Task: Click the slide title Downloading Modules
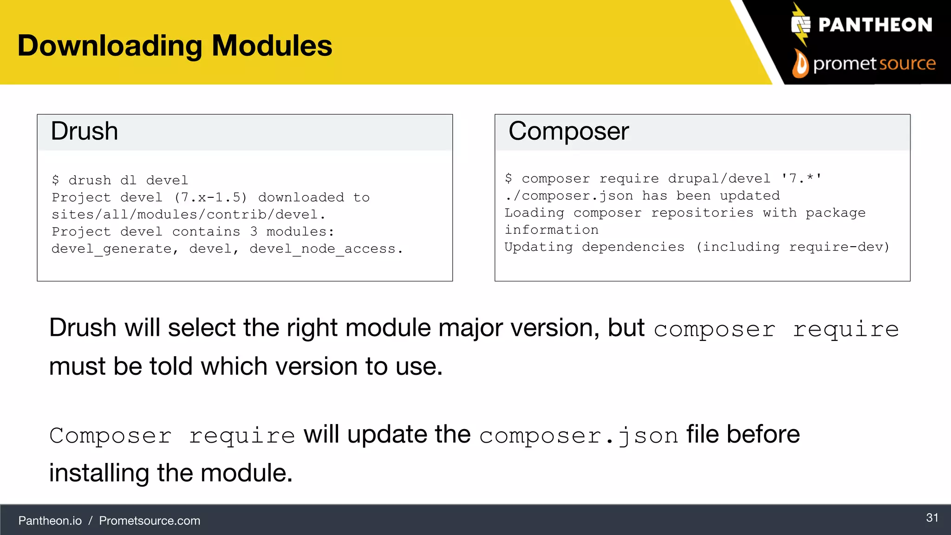click(x=175, y=46)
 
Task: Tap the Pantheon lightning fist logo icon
click(x=801, y=25)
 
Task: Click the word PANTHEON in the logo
click(x=875, y=25)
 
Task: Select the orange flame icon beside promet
click(x=800, y=64)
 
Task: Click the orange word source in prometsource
click(x=907, y=63)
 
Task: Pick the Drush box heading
click(x=84, y=131)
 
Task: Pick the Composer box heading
click(x=568, y=131)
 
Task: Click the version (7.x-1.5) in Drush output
click(x=210, y=197)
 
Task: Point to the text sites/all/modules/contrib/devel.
click(x=189, y=215)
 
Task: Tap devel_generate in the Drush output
click(x=111, y=249)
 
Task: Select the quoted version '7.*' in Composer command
click(x=801, y=178)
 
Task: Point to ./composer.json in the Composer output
click(x=569, y=196)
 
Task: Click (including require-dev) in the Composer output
click(x=792, y=247)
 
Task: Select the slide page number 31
click(x=932, y=518)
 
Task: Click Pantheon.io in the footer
click(x=50, y=521)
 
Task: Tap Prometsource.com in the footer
click(x=150, y=521)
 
